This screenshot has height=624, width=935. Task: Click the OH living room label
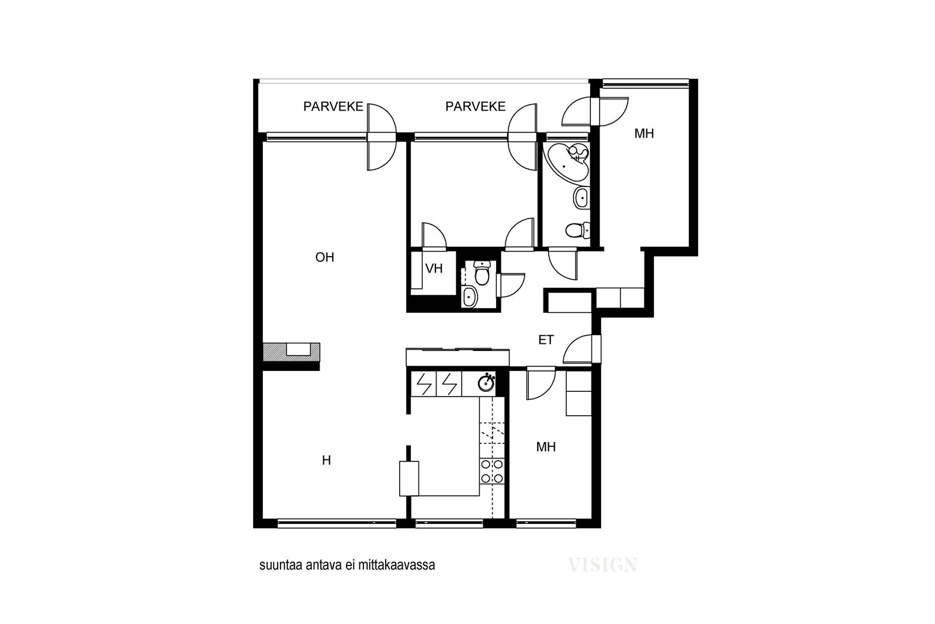(325, 257)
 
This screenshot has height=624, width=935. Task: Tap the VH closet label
(434, 268)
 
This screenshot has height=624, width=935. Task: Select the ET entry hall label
(546, 340)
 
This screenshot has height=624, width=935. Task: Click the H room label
(327, 460)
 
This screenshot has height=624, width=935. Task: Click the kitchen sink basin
(486, 382)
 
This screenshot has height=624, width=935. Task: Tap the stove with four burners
(491, 471)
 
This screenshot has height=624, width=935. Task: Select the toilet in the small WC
(482, 273)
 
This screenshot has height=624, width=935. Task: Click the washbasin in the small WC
(470, 297)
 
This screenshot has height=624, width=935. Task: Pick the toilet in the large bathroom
(578, 229)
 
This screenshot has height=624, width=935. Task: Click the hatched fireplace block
(292, 352)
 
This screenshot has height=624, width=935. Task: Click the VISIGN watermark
(602, 565)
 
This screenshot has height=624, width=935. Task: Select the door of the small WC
(511, 285)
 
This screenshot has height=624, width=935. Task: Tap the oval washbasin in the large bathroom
(581, 198)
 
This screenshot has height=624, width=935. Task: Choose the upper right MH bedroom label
(644, 134)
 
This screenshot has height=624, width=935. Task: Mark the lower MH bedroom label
(546, 447)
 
